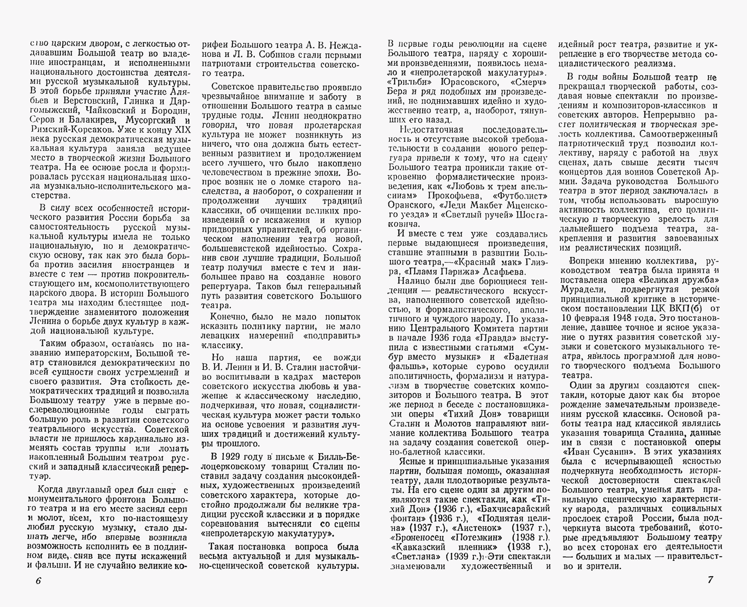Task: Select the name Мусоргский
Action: [x=151, y=120]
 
